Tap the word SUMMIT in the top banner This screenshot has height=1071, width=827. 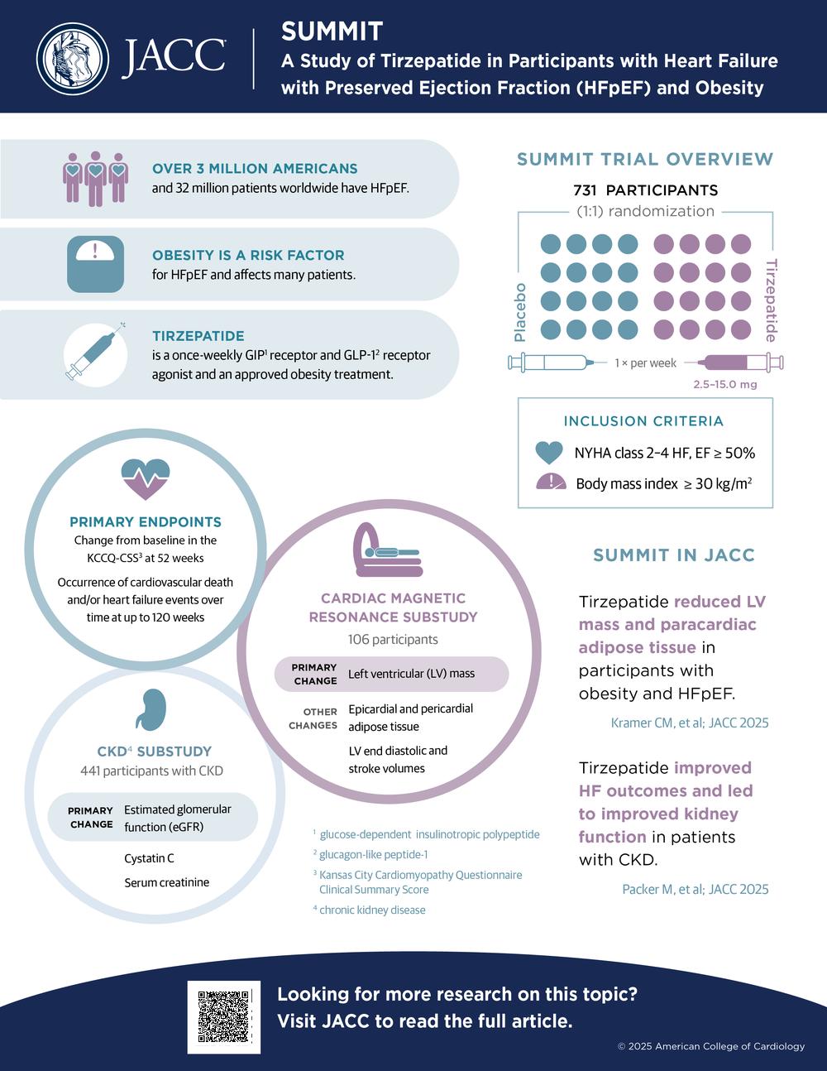click(x=332, y=31)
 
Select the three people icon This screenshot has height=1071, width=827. click(x=95, y=179)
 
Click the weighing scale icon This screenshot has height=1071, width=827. click(x=95, y=264)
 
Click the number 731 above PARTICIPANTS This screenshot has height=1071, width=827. click(x=585, y=190)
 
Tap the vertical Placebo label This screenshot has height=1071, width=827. click(x=520, y=313)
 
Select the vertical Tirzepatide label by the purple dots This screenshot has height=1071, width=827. click(x=771, y=300)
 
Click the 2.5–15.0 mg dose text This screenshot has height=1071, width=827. click(x=725, y=384)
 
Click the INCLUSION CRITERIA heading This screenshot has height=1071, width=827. click(x=644, y=421)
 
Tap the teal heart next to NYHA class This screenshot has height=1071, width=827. click(x=549, y=453)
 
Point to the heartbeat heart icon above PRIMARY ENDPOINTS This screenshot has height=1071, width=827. click(x=146, y=479)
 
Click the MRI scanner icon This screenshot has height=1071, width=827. click(x=388, y=550)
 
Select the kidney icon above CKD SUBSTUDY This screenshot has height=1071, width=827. click(x=151, y=709)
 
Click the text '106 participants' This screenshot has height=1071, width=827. click(x=393, y=639)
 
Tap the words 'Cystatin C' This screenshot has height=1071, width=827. click(x=149, y=858)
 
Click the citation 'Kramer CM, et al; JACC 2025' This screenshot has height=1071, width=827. click(x=690, y=723)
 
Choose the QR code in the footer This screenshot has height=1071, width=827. click(x=224, y=1017)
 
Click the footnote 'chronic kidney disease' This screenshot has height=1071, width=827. click(x=372, y=910)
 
